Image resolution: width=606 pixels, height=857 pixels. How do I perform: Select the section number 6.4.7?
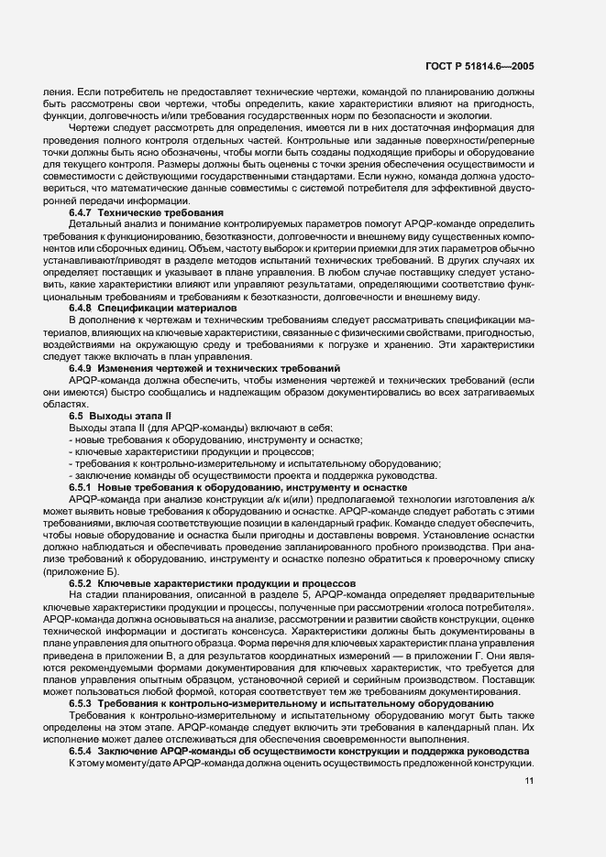pos(82,212)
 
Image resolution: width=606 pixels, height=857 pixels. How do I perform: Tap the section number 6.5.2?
pos(82,583)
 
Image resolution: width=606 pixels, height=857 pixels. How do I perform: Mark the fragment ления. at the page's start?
pos(58,93)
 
